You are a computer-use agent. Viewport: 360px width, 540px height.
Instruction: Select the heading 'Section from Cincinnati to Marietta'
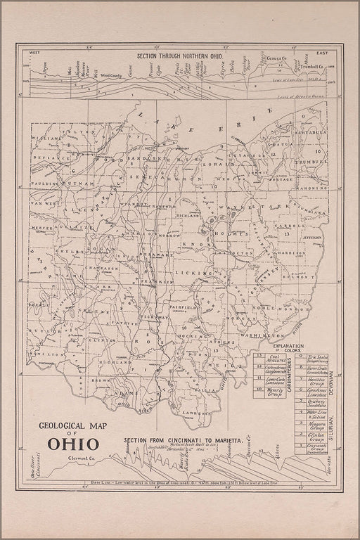click(183, 439)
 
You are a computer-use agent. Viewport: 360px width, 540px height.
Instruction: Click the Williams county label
click(46, 139)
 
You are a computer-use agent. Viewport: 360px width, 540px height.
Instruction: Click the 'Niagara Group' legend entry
click(318, 425)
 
